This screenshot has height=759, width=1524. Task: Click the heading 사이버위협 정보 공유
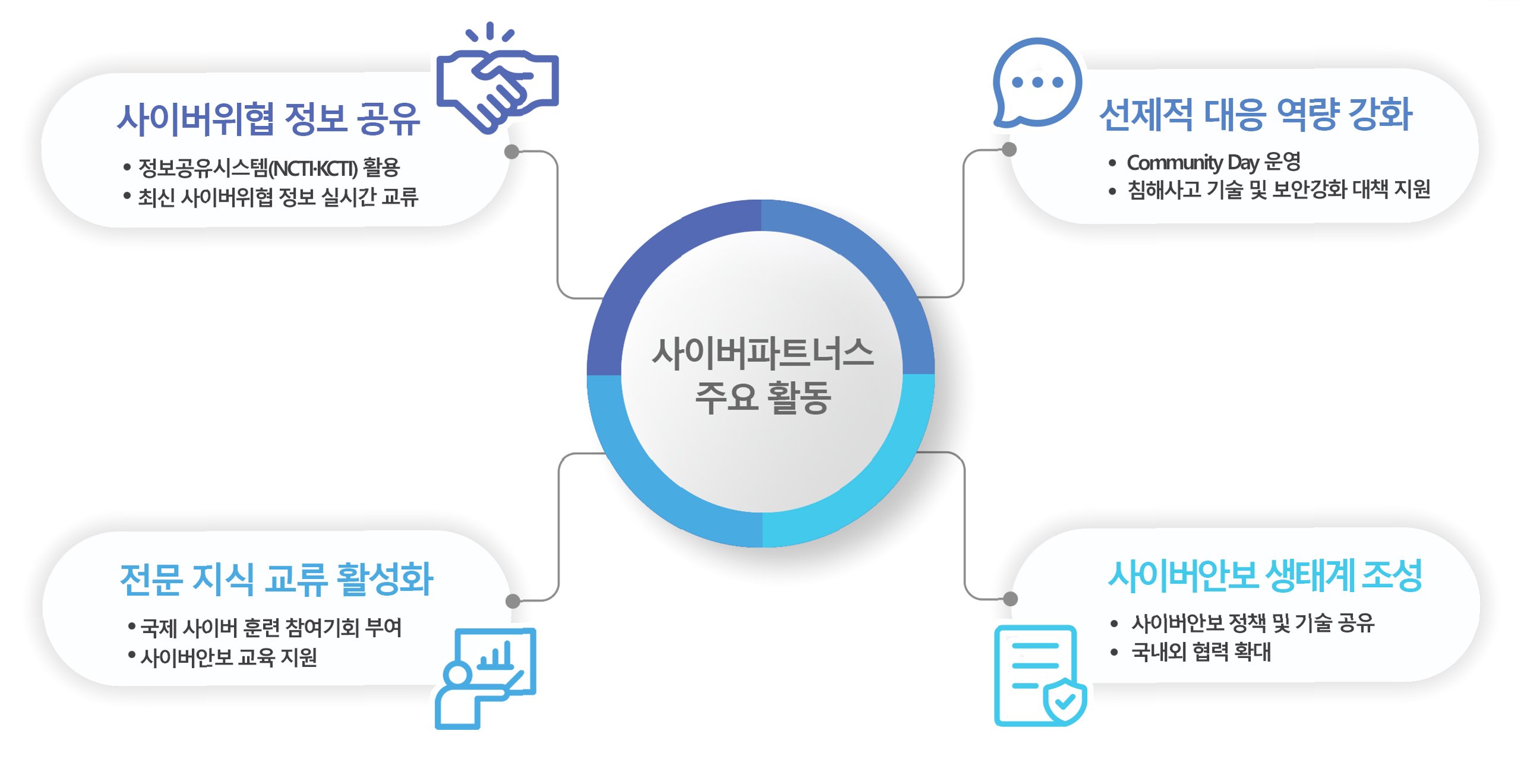(x=269, y=118)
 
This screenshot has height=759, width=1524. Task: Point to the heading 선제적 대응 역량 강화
(x=1255, y=115)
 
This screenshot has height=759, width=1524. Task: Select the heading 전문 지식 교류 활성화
(x=276, y=579)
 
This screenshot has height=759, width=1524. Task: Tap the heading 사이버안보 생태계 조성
(x=1265, y=575)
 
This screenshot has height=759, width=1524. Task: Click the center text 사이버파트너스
(x=762, y=353)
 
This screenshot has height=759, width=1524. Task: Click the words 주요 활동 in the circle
(x=762, y=397)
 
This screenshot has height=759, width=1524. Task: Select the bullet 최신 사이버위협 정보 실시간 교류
(x=278, y=197)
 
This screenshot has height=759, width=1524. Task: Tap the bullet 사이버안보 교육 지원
(x=229, y=657)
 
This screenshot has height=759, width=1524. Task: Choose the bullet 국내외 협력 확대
(x=1201, y=652)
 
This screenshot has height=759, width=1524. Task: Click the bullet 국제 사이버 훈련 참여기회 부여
(x=271, y=628)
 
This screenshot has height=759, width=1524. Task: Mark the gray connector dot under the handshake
(x=512, y=152)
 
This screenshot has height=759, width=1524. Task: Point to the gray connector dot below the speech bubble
(x=1009, y=150)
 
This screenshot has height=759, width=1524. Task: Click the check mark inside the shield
(x=1065, y=702)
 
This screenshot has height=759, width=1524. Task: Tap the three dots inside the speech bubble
(x=1037, y=82)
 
